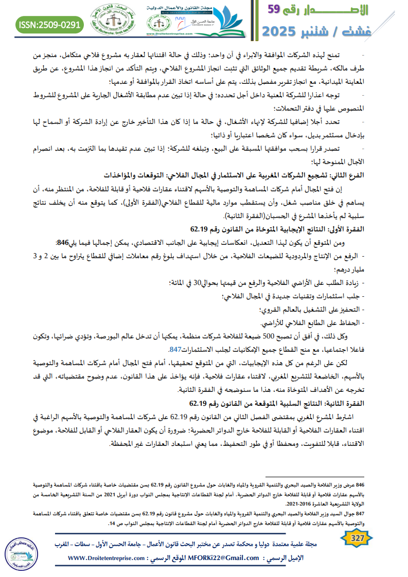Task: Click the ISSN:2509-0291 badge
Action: [x=49, y=24]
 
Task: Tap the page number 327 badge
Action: [x=354, y=538]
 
